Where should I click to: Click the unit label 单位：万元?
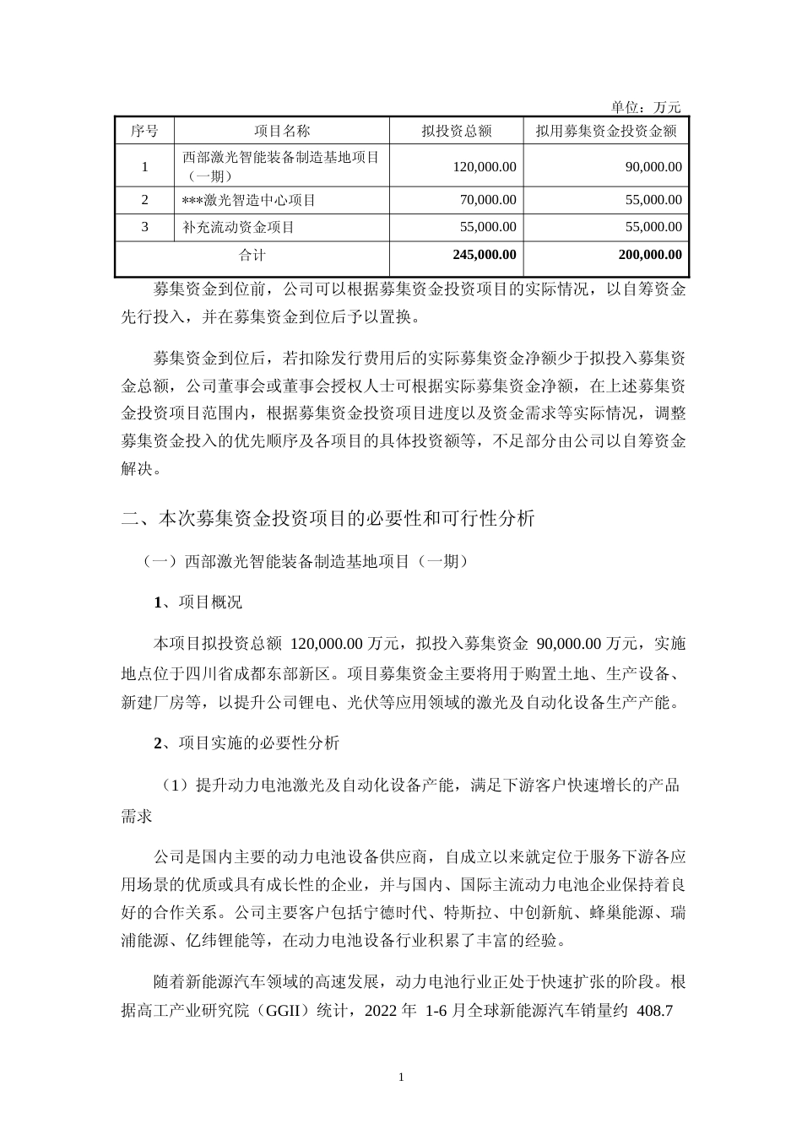645,107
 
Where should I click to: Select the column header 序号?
144,131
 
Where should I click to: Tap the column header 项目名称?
282,131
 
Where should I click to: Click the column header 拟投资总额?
456,131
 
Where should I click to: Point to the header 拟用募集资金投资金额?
605,131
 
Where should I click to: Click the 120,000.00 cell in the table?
484,167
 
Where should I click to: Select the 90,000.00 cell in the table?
653,167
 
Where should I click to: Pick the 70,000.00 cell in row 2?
487,200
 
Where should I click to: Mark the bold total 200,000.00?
650,255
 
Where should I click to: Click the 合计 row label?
252,255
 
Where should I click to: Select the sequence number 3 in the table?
144,227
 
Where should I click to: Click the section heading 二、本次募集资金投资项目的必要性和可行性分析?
328,519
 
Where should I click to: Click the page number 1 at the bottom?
401,1077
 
